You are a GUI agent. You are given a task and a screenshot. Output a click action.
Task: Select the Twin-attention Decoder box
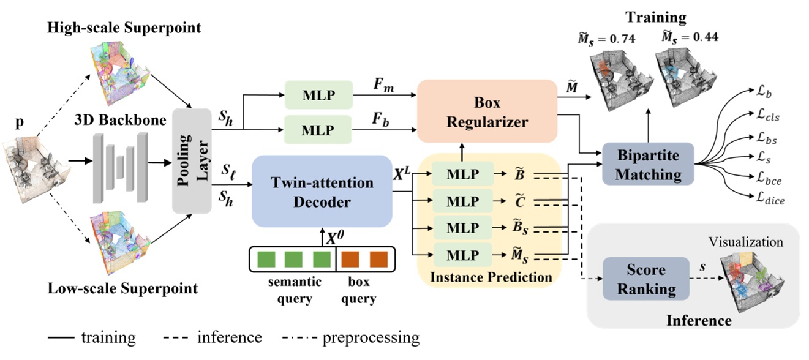coord(322,190)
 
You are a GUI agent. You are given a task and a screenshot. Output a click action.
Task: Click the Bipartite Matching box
coord(648,164)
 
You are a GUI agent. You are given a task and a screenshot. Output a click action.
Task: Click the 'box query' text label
coord(363,291)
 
